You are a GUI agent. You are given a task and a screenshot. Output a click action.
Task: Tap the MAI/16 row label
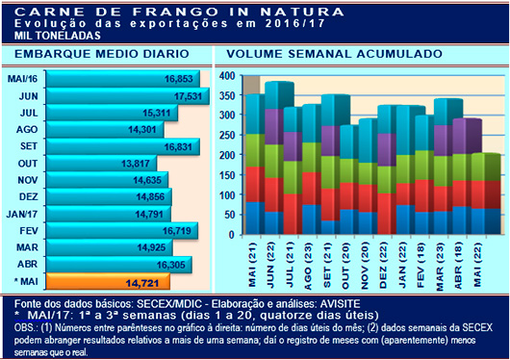click(x=22, y=79)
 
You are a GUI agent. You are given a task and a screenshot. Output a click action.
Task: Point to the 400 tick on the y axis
click(x=227, y=75)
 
